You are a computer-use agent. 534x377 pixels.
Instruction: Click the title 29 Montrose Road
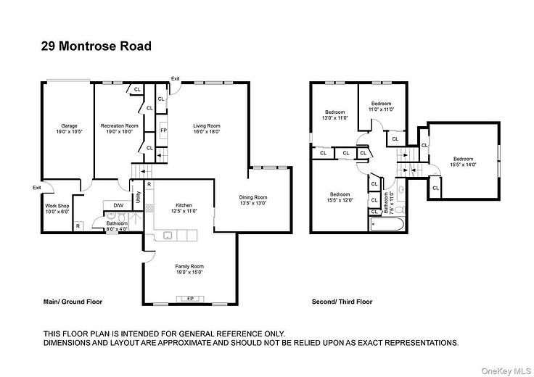click(96, 47)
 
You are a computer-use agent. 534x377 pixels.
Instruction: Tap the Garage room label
click(69, 129)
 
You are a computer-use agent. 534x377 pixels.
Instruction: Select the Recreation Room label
click(119, 129)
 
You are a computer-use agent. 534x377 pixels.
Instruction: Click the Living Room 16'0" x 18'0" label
click(206, 129)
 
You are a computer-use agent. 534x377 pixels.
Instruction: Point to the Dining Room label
click(253, 200)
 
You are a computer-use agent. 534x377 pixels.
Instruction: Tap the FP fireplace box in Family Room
click(189, 298)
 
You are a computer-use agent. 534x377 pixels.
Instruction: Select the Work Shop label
click(57, 209)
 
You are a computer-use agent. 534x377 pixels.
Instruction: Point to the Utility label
click(138, 196)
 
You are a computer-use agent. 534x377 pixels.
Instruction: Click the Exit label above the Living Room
click(176, 78)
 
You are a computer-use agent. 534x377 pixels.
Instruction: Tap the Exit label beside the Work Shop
click(37, 188)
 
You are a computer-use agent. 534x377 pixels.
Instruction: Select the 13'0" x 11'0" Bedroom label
click(334, 115)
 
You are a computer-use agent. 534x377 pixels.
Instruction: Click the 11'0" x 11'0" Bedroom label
click(382, 107)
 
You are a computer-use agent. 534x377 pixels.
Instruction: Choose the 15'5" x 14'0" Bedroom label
click(464, 162)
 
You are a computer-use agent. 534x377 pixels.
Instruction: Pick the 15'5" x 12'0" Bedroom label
click(341, 196)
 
